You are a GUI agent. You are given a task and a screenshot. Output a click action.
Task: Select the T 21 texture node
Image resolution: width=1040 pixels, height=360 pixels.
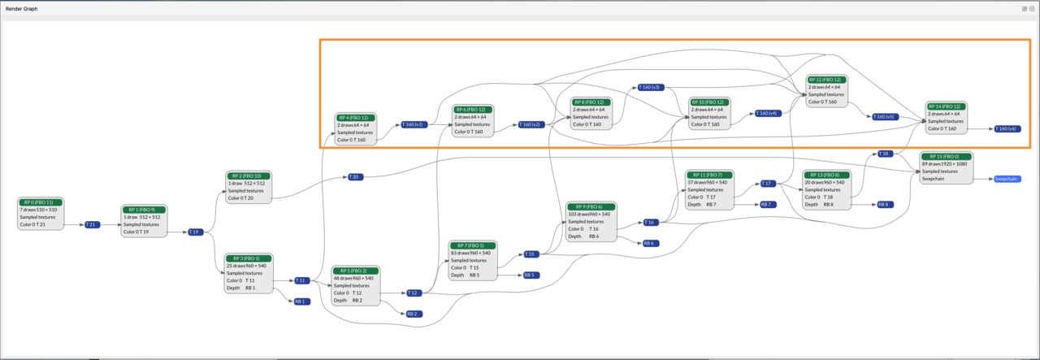click(x=92, y=224)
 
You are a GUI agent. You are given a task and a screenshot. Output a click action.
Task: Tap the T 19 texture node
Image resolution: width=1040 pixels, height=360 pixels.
click(x=195, y=232)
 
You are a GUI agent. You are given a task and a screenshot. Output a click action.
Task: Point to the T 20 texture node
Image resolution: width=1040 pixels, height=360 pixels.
click(x=354, y=176)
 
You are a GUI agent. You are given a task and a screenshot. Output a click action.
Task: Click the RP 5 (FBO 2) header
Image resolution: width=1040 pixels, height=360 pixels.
click(x=354, y=271)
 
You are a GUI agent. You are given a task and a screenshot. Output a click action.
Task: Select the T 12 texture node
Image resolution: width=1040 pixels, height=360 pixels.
click(x=413, y=293)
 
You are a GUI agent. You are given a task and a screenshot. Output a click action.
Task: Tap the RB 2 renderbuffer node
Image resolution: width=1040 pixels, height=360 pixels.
click(x=413, y=314)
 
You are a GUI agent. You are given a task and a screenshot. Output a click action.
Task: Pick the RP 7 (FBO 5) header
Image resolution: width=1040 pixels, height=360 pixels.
click(x=470, y=245)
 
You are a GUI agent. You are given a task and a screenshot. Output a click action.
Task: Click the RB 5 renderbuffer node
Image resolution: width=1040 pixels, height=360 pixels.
click(x=530, y=275)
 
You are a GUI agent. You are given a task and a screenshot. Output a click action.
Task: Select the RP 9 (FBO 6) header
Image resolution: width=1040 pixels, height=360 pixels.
click(x=588, y=206)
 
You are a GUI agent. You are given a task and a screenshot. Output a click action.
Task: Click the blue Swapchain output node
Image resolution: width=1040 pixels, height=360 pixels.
click(x=1007, y=179)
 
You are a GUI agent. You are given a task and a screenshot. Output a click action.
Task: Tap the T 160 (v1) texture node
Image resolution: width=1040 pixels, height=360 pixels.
click(x=413, y=125)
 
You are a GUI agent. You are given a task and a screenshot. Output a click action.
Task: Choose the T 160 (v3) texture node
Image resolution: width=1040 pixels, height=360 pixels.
click(x=650, y=87)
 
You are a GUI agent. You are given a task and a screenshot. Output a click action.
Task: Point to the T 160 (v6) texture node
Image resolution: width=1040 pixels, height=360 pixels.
click(x=1007, y=128)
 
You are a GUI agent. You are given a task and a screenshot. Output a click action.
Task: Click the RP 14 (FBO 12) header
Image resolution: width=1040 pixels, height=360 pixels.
click(x=947, y=106)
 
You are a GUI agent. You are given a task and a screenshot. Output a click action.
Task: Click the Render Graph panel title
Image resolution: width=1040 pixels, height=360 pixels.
click(x=21, y=8)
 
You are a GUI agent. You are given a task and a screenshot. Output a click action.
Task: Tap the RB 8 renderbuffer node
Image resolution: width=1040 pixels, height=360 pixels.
click(x=884, y=204)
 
